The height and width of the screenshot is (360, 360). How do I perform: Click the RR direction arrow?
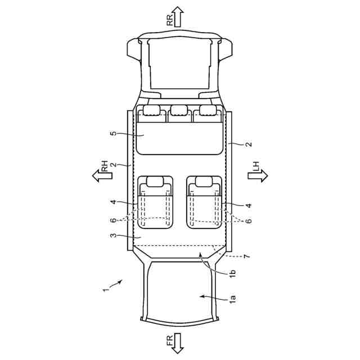tap(178, 16)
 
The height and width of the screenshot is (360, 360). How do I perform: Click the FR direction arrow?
tap(178, 343)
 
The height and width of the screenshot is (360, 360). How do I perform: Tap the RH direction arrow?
tap(102, 176)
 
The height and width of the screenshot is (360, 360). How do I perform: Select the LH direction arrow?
tap(258, 176)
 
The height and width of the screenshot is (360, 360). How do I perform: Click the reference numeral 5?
tap(114, 133)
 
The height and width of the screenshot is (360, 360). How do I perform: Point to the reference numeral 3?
tap(114, 236)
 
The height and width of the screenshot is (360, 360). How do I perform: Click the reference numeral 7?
tap(246, 256)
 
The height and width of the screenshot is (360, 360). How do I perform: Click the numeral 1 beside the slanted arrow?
tap(105, 290)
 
